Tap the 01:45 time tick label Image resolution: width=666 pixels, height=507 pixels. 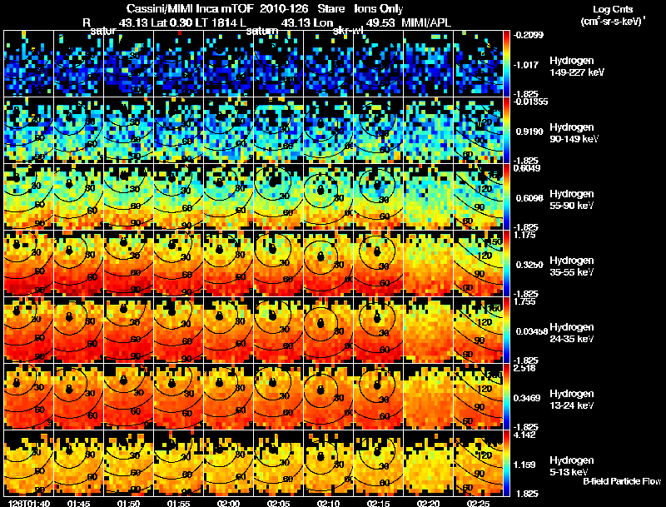[x=78, y=503]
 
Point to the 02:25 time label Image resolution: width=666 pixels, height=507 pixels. [x=478, y=503]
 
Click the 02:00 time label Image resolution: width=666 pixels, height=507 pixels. [x=227, y=503]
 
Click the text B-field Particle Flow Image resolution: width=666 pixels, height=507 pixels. [x=621, y=481]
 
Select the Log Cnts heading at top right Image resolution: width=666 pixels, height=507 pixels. [x=613, y=8]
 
